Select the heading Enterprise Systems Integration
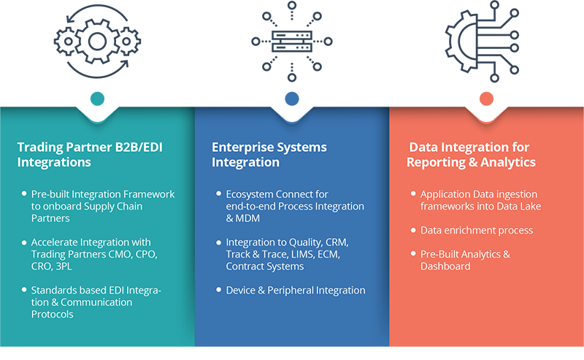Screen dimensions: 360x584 point(269,154)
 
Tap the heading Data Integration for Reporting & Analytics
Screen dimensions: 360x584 point(469,154)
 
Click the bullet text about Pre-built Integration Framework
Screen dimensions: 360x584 point(102,206)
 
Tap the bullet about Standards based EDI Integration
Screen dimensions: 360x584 point(96,302)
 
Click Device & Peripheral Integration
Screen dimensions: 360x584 point(296,290)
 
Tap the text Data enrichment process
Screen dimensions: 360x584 point(477,230)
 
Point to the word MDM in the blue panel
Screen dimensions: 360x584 point(237,218)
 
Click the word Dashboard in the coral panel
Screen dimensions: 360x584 point(445,267)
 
